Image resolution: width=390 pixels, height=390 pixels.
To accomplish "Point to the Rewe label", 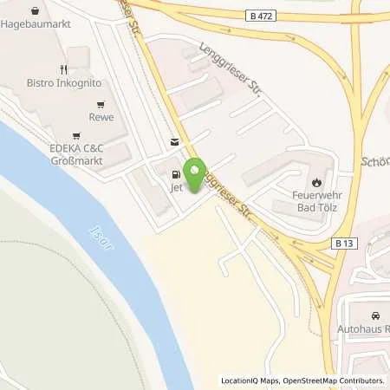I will click(101, 116).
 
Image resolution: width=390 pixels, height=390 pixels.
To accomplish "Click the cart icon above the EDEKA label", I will click(76, 135).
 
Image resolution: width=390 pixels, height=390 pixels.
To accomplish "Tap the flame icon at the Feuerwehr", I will click(318, 182).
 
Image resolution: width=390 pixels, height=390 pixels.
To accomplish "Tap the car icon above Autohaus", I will click(374, 315).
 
